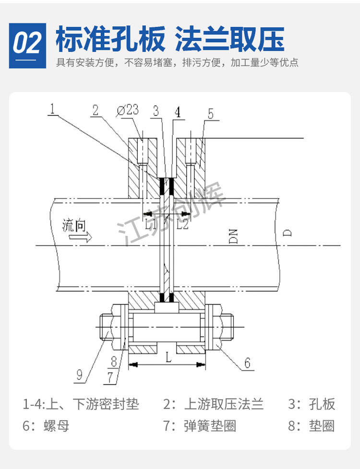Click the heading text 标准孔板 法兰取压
point(170,39)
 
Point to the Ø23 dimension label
point(127,110)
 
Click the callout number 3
point(155,111)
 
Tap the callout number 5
point(210,114)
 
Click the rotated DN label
point(234,236)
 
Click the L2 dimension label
point(182,224)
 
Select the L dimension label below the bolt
point(167,356)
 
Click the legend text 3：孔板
point(312,404)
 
